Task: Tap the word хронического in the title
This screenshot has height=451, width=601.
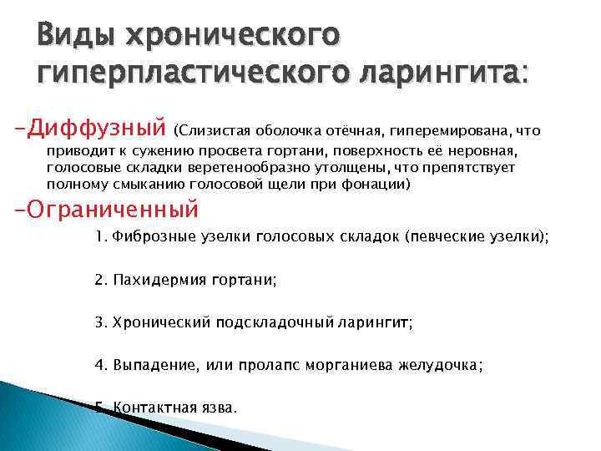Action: pyautogui.click(x=233, y=37)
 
